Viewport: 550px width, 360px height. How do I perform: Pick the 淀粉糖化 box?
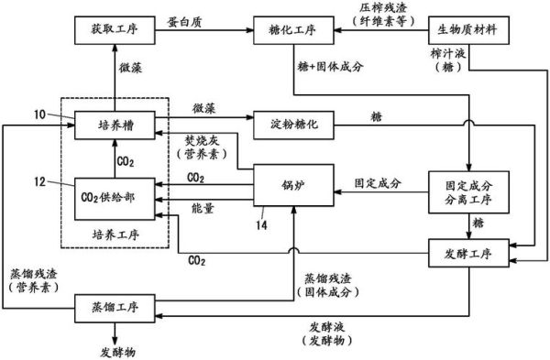click(x=292, y=122)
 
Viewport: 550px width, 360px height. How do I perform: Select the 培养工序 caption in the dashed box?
click(x=115, y=235)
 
